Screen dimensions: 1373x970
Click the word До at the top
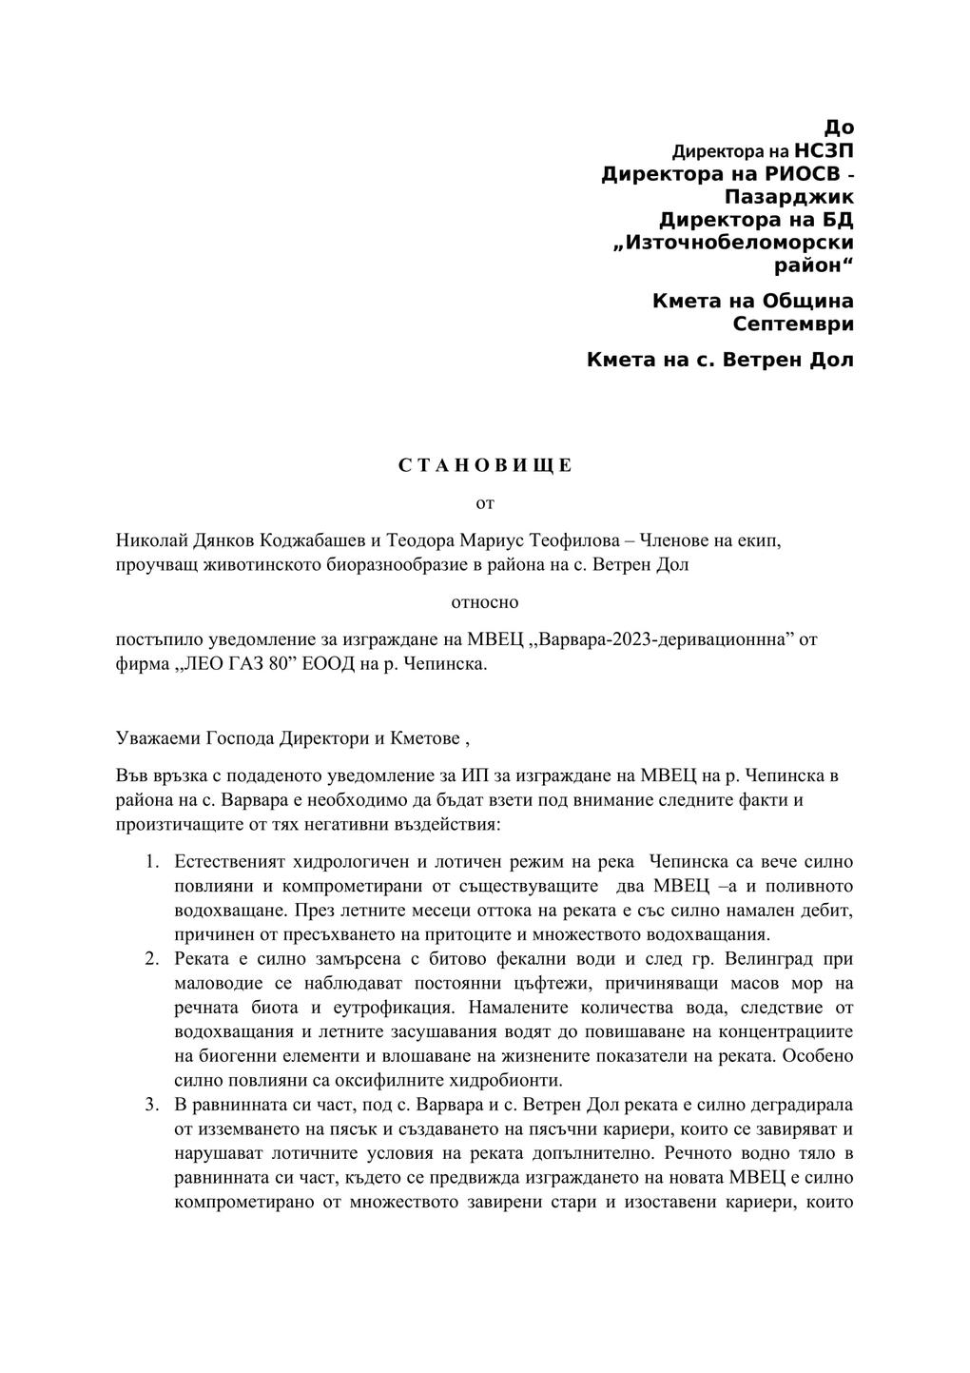coord(839,127)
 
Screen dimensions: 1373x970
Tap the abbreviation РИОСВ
coord(800,174)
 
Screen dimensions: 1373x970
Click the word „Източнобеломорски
coord(734,243)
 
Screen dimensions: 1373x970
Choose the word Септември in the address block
coord(793,324)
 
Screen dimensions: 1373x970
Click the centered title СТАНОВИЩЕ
coord(485,465)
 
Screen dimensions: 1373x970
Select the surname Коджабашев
coord(312,539)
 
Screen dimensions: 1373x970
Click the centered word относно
coord(485,601)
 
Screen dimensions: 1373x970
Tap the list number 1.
coord(152,862)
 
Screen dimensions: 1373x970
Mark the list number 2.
coord(152,958)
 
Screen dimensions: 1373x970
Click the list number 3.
coord(152,1105)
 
